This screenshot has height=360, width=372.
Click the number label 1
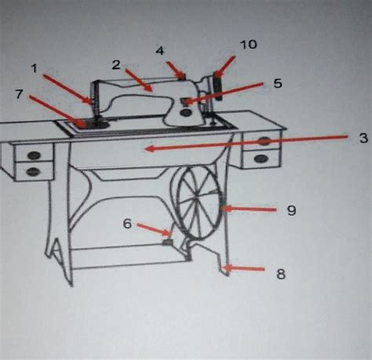tap(35, 68)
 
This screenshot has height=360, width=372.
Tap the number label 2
tap(115, 64)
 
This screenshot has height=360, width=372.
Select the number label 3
tap(363, 137)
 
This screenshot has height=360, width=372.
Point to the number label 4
tap(159, 51)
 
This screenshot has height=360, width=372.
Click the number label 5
tap(278, 82)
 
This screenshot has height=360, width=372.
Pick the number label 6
tap(126, 223)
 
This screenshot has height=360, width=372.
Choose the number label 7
tap(19, 95)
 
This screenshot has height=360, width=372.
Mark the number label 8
tap(281, 275)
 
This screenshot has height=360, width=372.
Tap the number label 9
tap(290, 210)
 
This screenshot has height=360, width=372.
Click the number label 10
tap(248, 45)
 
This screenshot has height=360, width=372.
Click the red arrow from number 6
tap(155, 229)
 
